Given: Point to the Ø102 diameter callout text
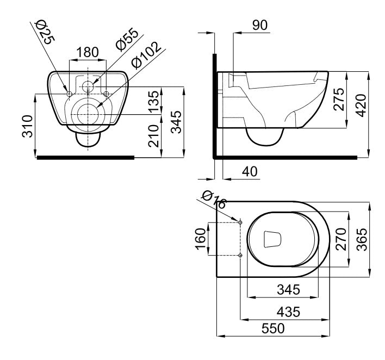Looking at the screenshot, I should [x=146, y=55].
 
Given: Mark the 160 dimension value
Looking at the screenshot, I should [x=200, y=238].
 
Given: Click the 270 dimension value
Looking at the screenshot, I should [x=341, y=238].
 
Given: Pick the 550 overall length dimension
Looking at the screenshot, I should [x=274, y=328].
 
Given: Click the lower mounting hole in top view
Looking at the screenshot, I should [x=240, y=255].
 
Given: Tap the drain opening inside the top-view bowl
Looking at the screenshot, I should [x=271, y=239].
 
